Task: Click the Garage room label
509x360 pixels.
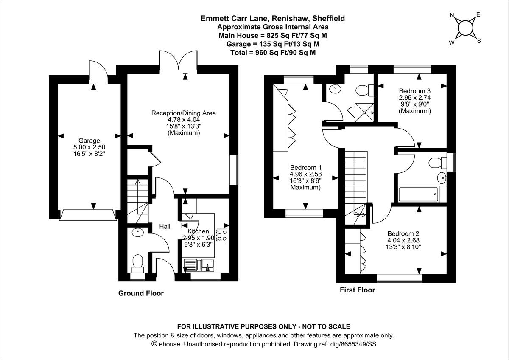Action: (x=89, y=141)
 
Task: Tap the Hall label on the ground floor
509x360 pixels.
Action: (x=165, y=227)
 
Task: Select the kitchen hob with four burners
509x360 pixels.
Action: (x=222, y=236)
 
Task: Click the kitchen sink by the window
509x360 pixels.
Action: (x=199, y=265)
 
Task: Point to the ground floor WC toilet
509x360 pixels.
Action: (x=138, y=264)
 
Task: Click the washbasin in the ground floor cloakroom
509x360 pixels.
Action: (x=137, y=232)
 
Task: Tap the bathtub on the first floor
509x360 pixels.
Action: (x=418, y=194)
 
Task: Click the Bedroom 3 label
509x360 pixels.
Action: (x=415, y=91)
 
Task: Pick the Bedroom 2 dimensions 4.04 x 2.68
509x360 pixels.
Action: (x=403, y=240)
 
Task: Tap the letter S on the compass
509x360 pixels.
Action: (x=479, y=41)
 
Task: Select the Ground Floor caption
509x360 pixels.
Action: (x=141, y=293)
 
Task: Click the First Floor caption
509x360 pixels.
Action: (x=358, y=290)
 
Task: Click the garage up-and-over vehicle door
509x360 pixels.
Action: (x=88, y=215)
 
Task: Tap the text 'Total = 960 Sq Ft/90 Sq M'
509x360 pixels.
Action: (x=273, y=53)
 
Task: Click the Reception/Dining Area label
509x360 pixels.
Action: (x=184, y=113)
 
